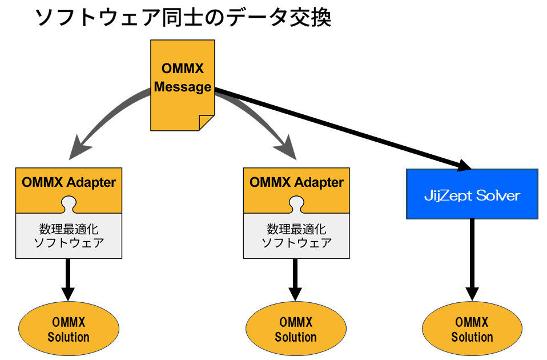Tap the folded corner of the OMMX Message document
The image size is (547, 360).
tap(206, 122)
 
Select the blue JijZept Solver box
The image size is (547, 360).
tap(472, 194)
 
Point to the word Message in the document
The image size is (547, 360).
tap(182, 87)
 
